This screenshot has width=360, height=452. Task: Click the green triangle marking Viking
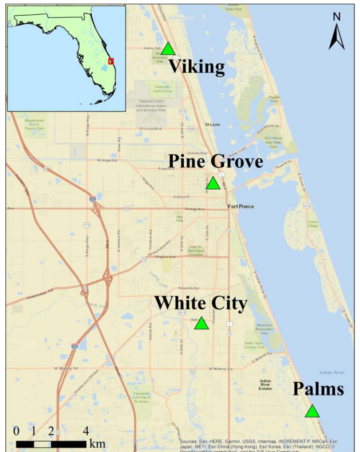click(x=168, y=49)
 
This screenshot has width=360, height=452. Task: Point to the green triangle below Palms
click(x=312, y=412)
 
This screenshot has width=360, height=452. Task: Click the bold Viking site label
click(x=197, y=67)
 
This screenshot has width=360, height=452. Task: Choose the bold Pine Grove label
click(x=215, y=161)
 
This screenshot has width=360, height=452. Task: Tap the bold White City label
click(x=201, y=303)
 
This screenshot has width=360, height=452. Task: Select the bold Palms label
click(x=318, y=389)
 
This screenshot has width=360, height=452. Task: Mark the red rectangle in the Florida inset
click(x=111, y=61)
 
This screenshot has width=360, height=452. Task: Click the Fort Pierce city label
click(x=241, y=206)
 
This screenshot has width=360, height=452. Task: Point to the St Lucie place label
click(x=212, y=125)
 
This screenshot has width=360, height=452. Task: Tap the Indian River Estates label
click(x=265, y=385)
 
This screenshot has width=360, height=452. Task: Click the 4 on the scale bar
click(x=86, y=431)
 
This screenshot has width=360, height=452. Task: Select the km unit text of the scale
click(x=98, y=444)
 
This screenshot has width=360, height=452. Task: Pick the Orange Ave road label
click(x=195, y=209)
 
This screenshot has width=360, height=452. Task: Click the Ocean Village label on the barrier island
click(x=313, y=224)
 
